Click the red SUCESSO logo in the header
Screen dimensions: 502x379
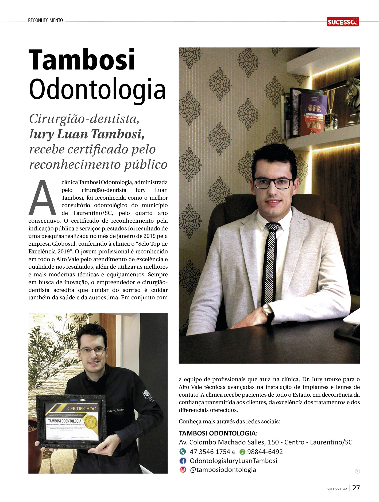(342, 22)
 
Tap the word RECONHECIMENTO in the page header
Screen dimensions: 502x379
(45, 20)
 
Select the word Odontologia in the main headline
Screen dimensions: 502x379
(97, 89)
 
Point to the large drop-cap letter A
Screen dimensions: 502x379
(42, 198)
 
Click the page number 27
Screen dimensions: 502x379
(356, 488)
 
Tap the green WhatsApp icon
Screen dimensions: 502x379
(242, 452)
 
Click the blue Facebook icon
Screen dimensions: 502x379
(183, 461)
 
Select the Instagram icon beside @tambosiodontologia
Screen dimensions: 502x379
(183, 470)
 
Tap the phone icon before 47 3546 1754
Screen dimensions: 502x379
(183, 451)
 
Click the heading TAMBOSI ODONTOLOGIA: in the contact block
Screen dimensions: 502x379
(218, 433)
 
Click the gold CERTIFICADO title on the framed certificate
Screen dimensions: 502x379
(82, 408)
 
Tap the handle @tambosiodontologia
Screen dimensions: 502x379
(223, 470)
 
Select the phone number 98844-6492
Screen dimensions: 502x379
(265, 452)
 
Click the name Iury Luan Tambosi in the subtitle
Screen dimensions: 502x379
(87, 134)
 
